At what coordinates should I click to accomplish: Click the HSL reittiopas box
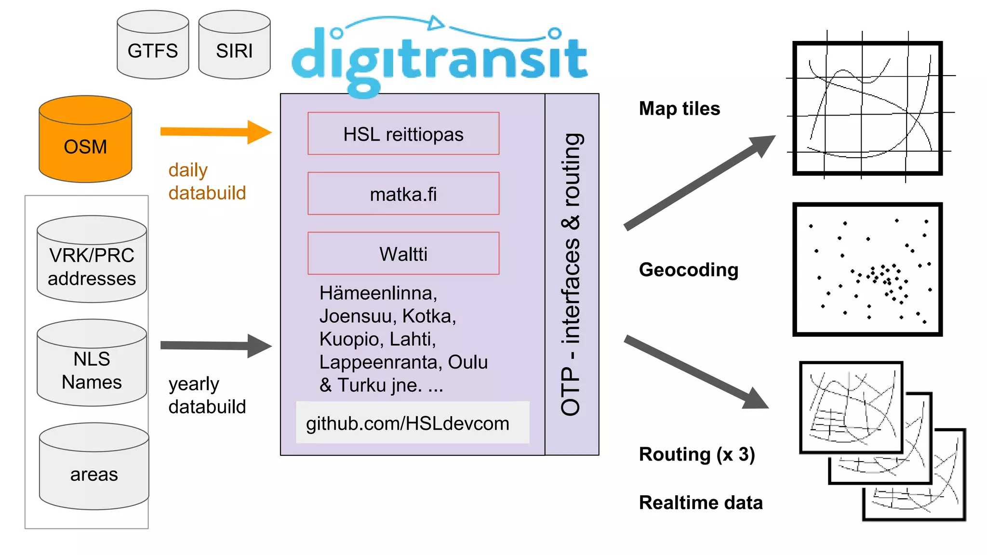403,134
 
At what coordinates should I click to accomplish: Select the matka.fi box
403,194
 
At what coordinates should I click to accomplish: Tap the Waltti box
403,254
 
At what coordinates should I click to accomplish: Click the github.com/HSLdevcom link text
408,423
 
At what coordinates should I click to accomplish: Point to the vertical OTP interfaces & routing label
572,275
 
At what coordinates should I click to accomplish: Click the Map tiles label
679,108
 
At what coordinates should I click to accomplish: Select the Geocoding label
688,270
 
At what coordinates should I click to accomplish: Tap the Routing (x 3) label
696,454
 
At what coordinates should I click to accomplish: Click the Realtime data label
700,502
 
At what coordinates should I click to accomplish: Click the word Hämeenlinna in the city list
378,293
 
